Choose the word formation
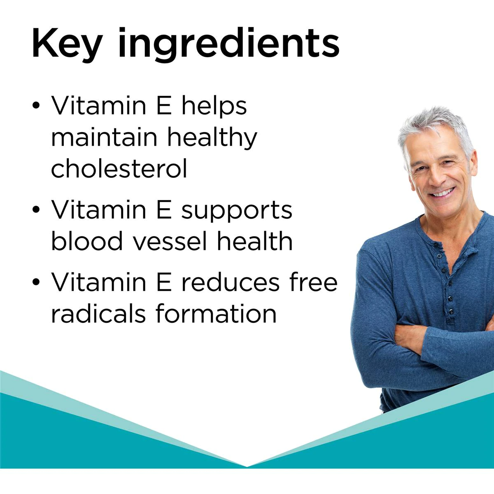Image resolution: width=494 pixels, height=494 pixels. pyautogui.click(x=216, y=314)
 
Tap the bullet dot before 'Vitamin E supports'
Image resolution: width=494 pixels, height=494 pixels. pyautogui.click(x=37, y=210)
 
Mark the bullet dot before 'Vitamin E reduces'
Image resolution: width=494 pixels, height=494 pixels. pyautogui.click(x=37, y=283)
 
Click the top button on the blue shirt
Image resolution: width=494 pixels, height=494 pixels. pyautogui.click(x=440, y=256)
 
